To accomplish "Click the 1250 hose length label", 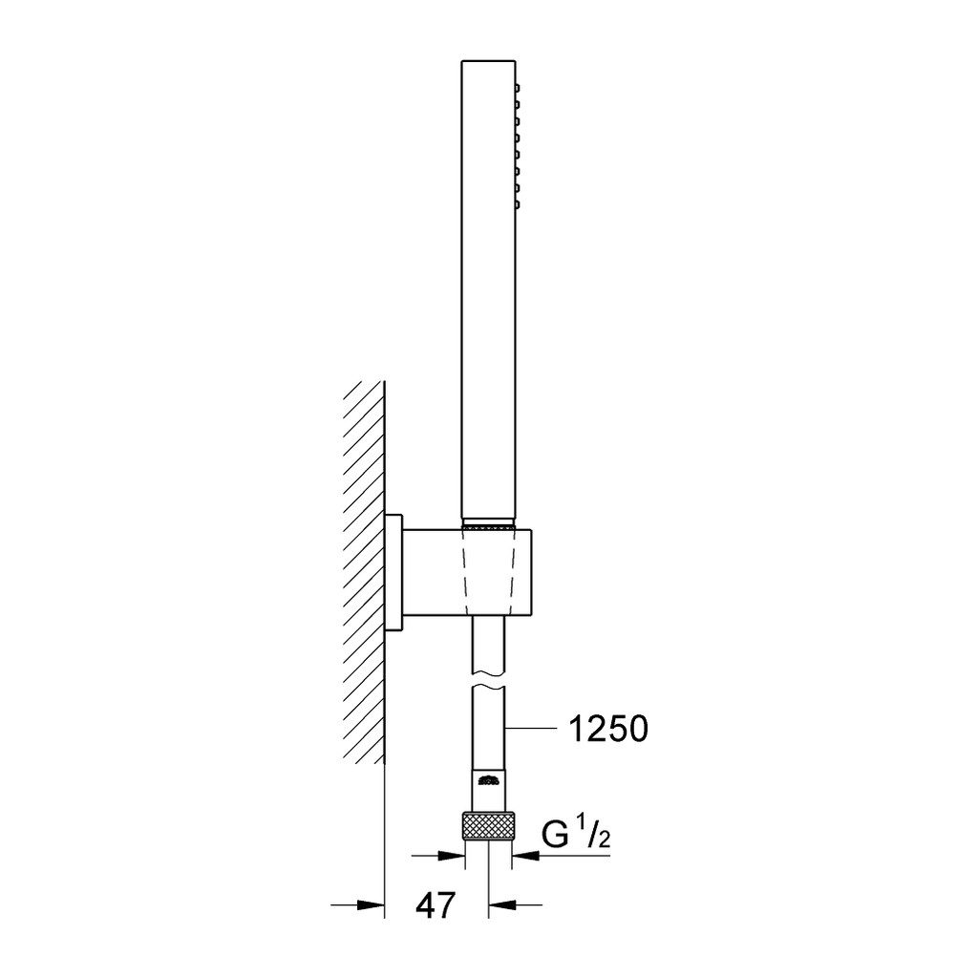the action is point(608,729).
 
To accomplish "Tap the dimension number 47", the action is point(436,905).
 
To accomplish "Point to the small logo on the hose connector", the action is point(488,779).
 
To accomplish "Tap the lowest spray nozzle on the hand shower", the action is point(517,203).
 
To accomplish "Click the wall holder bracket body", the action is point(469,571).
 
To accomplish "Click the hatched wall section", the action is point(362,572).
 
